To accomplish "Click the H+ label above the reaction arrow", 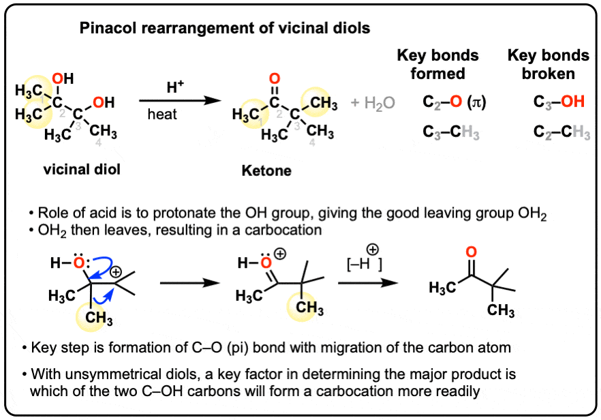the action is click(175, 87).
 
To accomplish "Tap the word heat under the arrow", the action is click(162, 115).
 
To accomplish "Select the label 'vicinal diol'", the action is click(82, 169).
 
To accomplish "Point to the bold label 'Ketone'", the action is click(266, 170).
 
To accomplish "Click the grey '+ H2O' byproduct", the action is click(373, 103).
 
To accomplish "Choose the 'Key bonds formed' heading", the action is click(437, 64).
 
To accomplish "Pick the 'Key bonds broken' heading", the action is click(548, 64).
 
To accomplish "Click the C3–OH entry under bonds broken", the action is click(559, 102).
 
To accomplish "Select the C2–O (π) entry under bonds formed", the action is click(454, 102).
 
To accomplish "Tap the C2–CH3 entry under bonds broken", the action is click(561, 133).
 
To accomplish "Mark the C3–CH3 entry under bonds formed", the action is click(451, 133).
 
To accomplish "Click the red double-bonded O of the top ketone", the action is click(275, 78).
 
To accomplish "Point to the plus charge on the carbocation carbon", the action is click(115, 272).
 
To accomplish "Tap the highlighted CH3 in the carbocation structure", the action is click(99, 318).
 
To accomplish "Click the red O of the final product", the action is click(471, 252).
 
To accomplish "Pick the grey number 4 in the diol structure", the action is click(98, 142).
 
